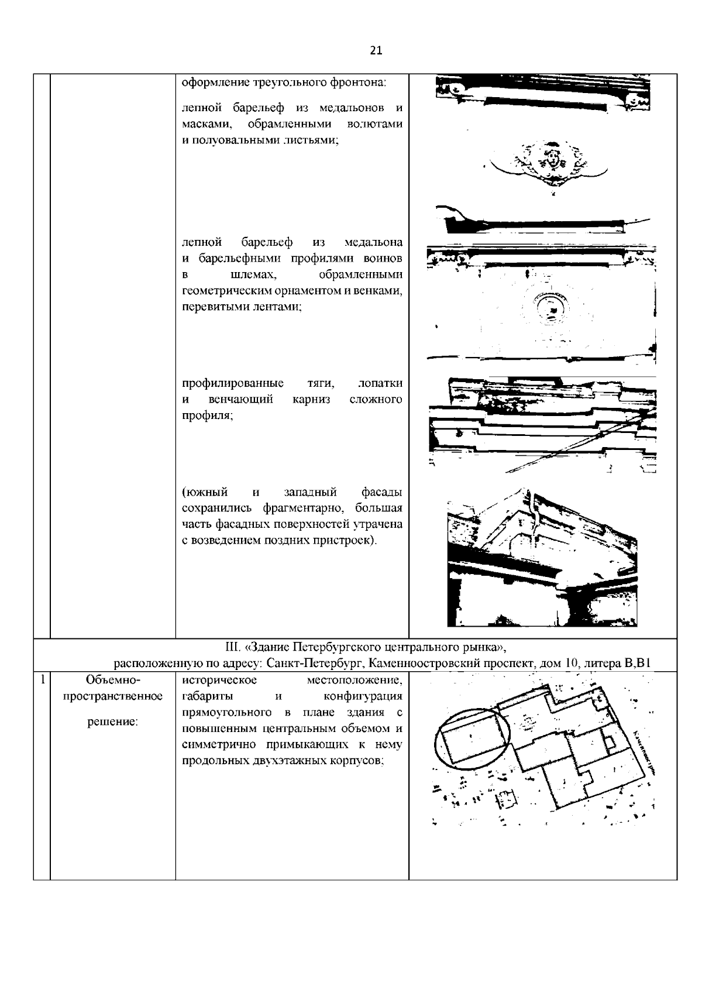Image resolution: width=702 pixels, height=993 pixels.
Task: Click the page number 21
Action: (x=376, y=50)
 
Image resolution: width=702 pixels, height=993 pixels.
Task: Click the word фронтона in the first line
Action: (x=359, y=83)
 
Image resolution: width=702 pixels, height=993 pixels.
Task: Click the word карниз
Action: (x=311, y=400)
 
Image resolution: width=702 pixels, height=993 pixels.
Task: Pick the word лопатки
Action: (x=380, y=383)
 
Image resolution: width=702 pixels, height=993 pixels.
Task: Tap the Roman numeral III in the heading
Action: (x=232, y=647)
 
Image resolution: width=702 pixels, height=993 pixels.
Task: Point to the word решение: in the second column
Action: (x=112, y=722)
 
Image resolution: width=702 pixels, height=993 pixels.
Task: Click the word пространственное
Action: (x=112, y=696)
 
